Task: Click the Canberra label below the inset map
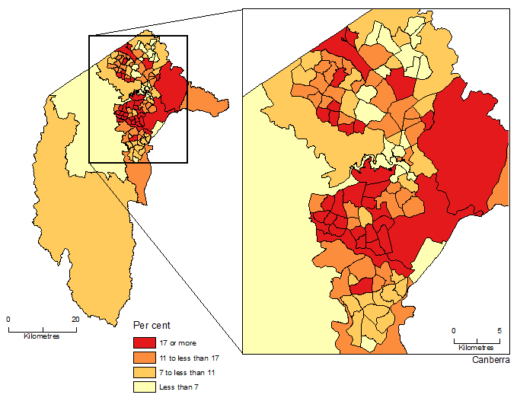(490, 359)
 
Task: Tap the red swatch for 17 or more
(144, 343)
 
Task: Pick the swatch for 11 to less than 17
(144, 358)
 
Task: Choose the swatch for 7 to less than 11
(144, 372)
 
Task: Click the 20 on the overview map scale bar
(75, 320)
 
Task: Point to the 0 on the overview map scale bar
(8, 320)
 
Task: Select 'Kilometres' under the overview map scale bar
(42, 336)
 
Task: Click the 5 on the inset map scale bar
(499, 331)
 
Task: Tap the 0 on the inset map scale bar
(454, 331)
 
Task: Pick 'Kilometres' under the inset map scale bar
(477, 347)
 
